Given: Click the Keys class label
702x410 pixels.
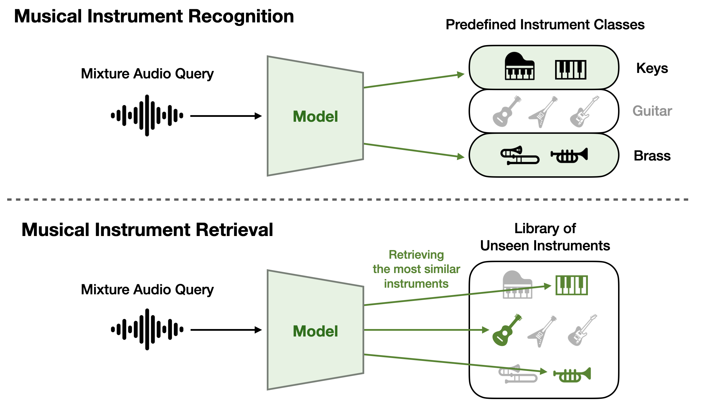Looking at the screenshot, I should [x=652, y=69].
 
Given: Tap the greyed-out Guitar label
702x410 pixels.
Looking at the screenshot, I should [x=652, y=111].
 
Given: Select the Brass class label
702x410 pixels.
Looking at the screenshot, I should [x=652, y=156].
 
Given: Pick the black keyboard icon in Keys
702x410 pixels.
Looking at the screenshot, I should [x=571, y=69].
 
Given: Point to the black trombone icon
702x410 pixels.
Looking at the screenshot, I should [x=519, y=155].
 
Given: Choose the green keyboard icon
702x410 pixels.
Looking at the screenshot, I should [x=571, y=285].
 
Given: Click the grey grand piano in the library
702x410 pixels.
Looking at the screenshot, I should [x=517, y=285].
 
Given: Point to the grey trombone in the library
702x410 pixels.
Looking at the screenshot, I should [x=517, y=374].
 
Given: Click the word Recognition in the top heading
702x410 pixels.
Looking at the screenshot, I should [x=241, y=17].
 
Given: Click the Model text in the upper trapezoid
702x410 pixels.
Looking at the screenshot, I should [x=315, y=117].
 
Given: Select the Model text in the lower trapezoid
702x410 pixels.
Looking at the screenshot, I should [x=315, y=331].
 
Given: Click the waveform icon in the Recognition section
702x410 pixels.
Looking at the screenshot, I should [x=147, y=115].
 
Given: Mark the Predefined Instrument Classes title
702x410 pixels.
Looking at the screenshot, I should [x=545, y=25].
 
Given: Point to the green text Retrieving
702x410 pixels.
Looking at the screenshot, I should [x=416, y=255].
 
